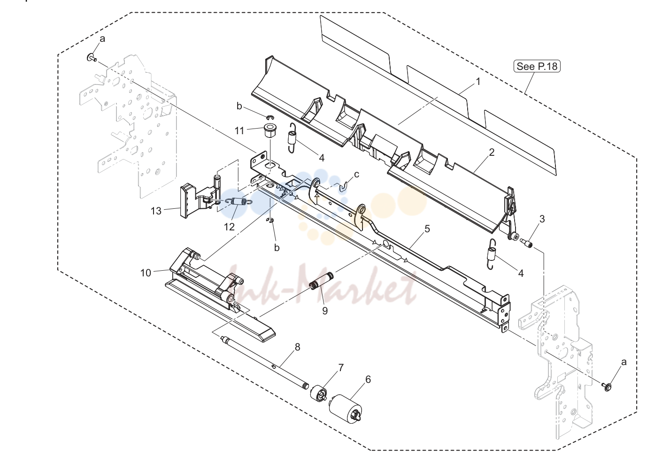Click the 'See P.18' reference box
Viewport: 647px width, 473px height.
coord(537,66)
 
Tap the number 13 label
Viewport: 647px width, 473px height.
coord(156,211)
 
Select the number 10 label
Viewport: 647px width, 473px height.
coord(146,273)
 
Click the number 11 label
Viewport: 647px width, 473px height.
coord(239,131)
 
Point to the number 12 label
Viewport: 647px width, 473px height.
coord(229,227)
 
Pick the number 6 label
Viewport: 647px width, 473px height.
coord(368,380)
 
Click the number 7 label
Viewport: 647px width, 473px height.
coord(341,368)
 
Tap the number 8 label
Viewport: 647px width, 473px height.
coord(298,347)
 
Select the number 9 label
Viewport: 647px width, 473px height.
coord(325,311)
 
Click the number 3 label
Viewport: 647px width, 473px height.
coord(542,219)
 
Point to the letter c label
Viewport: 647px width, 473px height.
coord(357,175)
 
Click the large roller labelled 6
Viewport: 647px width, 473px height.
coord(346,409)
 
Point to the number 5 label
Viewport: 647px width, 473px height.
coord(427,229)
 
